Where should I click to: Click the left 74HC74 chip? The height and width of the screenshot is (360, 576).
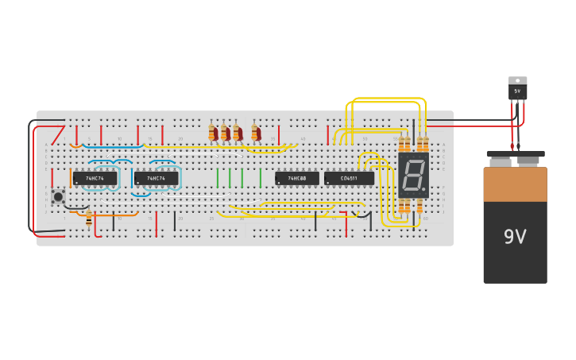95,179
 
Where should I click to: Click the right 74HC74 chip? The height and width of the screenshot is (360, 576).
156,179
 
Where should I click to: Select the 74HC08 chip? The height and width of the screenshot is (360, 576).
297,179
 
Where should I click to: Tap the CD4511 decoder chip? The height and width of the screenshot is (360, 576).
349,179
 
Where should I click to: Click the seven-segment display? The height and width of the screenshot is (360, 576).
413,175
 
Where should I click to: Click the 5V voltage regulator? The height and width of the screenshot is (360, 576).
517,89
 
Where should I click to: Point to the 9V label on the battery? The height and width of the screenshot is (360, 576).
515,237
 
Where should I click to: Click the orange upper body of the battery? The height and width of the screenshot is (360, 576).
515,184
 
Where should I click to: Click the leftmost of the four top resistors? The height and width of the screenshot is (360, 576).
212,133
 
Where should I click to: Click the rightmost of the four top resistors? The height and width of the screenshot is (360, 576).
255,133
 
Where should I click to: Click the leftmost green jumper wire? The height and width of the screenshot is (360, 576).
217,177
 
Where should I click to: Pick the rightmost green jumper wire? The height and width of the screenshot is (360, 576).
260,177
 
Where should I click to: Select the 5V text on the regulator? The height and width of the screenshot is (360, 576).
517,91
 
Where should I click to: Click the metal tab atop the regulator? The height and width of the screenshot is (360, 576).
517,80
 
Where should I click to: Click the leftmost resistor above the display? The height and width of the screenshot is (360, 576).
401,144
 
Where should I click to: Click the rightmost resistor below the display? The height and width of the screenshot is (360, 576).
420,207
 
